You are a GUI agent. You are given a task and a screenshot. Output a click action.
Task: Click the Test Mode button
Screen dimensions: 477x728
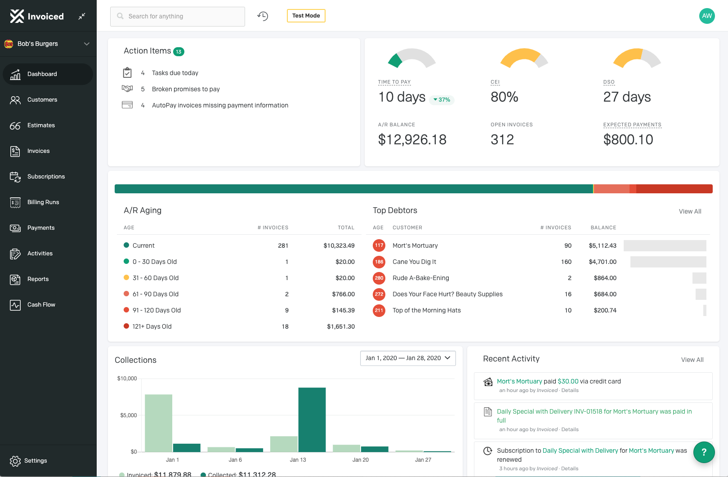[306, 16]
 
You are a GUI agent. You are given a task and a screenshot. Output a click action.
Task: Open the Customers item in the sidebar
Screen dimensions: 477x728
[42, 100]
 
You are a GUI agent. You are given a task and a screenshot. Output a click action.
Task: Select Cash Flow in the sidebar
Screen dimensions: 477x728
[41, 305]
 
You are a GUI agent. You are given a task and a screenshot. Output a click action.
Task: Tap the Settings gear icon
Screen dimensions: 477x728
[15, 461]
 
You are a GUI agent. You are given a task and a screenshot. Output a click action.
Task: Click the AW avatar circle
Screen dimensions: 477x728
[707, 16]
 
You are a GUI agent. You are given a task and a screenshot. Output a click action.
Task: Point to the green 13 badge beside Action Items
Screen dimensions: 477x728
[179, 52]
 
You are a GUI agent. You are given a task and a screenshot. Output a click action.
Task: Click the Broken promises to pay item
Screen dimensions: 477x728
[186, 89]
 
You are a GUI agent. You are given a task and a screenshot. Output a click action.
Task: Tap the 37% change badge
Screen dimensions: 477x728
[442, 100]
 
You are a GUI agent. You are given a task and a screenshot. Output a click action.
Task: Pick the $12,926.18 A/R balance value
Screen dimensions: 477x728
[412, 140]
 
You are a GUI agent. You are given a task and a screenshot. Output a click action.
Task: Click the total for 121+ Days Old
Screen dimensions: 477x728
[341, 326]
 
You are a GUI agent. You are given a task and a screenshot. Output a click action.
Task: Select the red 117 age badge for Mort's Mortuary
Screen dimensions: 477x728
[379, 245]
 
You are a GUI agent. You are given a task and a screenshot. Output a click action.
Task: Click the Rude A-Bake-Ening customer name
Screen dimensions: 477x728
[420, 278]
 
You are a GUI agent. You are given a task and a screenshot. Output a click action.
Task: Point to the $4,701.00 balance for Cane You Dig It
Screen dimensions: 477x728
[603, 262]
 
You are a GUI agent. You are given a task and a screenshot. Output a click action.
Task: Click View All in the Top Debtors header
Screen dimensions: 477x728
[690, 211]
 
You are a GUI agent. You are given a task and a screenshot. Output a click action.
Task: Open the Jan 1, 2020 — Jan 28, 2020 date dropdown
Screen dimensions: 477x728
[408, 358]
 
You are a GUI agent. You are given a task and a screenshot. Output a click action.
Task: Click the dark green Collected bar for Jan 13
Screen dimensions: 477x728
[312, 419]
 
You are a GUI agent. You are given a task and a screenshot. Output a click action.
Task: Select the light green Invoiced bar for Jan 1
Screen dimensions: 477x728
[158, 423]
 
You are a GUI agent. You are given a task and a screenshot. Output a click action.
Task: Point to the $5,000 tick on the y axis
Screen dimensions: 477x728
[129, 415]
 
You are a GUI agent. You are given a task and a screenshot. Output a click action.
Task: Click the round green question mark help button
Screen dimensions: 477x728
[704, 452]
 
